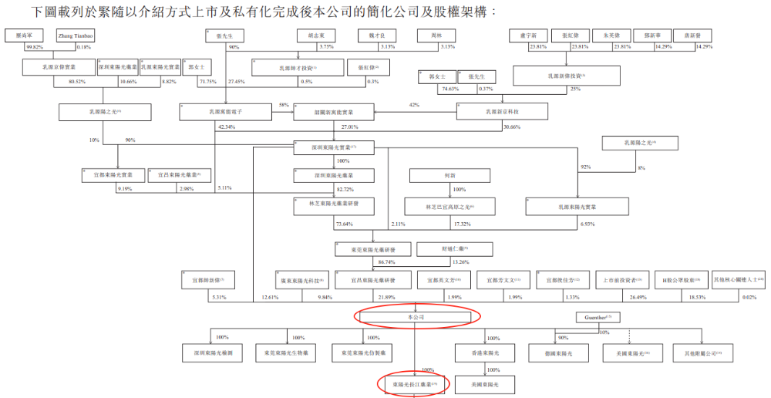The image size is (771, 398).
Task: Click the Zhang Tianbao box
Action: tap(74, 35)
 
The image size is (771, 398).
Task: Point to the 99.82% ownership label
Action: tap(34, 47)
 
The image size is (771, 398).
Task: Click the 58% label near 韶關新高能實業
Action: tap(284, 105)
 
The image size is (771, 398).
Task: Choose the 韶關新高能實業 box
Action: tap(333, 112)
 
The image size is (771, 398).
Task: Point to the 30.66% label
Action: tap(512, 126)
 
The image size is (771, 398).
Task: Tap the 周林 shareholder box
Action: tap(447, 35)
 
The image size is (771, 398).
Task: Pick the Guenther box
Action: tap(598, 318)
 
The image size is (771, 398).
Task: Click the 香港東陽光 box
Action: tap(485, 352)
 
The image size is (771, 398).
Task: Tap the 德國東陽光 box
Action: tap(555, 352)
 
